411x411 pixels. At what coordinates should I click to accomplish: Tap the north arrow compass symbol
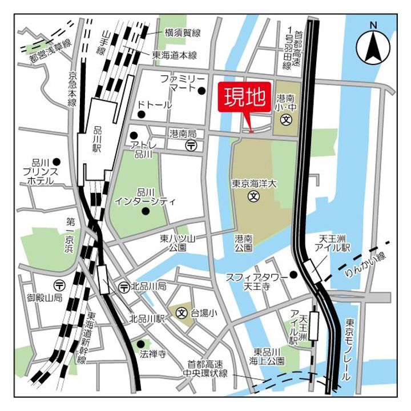pos(374,45)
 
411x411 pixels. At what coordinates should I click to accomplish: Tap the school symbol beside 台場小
pos(182,313)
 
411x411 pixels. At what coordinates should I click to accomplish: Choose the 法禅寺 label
pos(153,354)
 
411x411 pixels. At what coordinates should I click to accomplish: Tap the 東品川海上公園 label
pos(269,356)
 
